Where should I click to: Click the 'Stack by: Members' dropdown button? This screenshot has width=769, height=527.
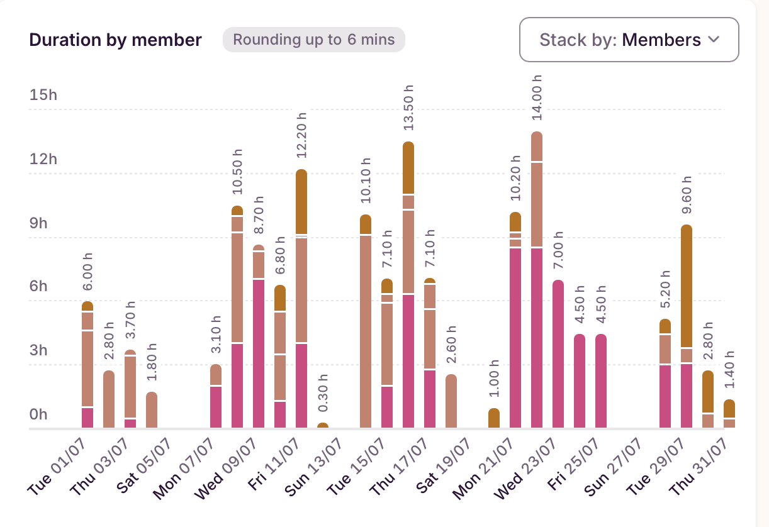click(629, 40)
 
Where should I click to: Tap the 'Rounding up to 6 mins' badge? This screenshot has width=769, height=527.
click(314, 40)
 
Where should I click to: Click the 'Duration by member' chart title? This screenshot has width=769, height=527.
click(115, 40)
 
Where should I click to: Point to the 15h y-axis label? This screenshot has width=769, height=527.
click(43, 95)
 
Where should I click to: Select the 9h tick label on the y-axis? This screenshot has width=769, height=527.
click(43, 223)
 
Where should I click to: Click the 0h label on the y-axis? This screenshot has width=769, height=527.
click(43, 414)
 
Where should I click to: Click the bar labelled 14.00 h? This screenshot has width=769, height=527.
click(537, 280)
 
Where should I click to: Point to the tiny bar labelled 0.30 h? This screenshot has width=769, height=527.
click(323, 426)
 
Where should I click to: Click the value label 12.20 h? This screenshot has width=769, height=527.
click(302, 135)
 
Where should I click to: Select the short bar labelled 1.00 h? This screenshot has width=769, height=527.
click(494, 418)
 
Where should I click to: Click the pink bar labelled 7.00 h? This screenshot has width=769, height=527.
click(558, 354)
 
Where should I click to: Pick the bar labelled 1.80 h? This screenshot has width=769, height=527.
click(152, 410)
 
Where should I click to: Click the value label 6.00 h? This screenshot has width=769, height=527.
click(88, 272)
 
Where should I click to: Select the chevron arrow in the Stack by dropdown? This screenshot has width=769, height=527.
click(714, 40)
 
